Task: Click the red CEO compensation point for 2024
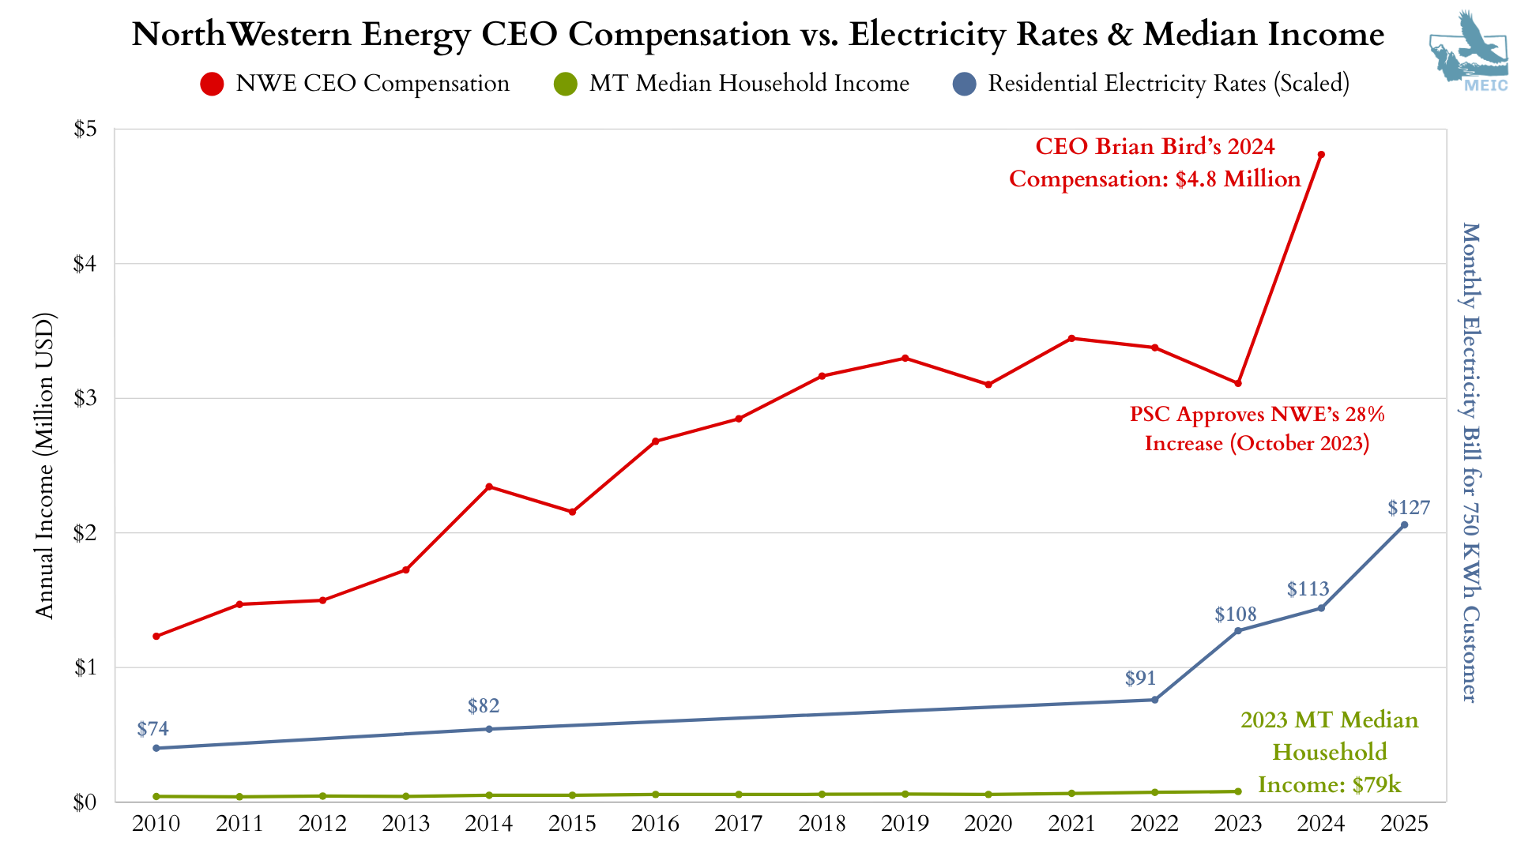(1321, 155)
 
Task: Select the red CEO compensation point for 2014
(489, 487)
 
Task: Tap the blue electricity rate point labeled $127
(1404, 525)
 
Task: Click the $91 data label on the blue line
(1140, 678)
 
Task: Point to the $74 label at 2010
(152, 729)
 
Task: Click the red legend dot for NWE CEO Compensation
(212, 84)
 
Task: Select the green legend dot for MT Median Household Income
(565, 84)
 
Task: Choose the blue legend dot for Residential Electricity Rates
(965, 84)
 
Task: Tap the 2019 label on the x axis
(905, 824)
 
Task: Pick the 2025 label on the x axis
(1404, 824)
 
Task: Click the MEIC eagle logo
(1468, 51)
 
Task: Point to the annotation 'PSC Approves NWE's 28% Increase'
(1256, 429)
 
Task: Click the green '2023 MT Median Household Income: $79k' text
(1329, 752)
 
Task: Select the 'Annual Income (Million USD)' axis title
(44, 466)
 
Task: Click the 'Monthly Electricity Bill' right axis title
(1470, 462)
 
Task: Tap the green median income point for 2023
(1238, 791)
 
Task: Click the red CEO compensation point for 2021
(1071, 338)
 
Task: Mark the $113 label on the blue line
(1308, 589)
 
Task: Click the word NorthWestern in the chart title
(241, 34)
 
